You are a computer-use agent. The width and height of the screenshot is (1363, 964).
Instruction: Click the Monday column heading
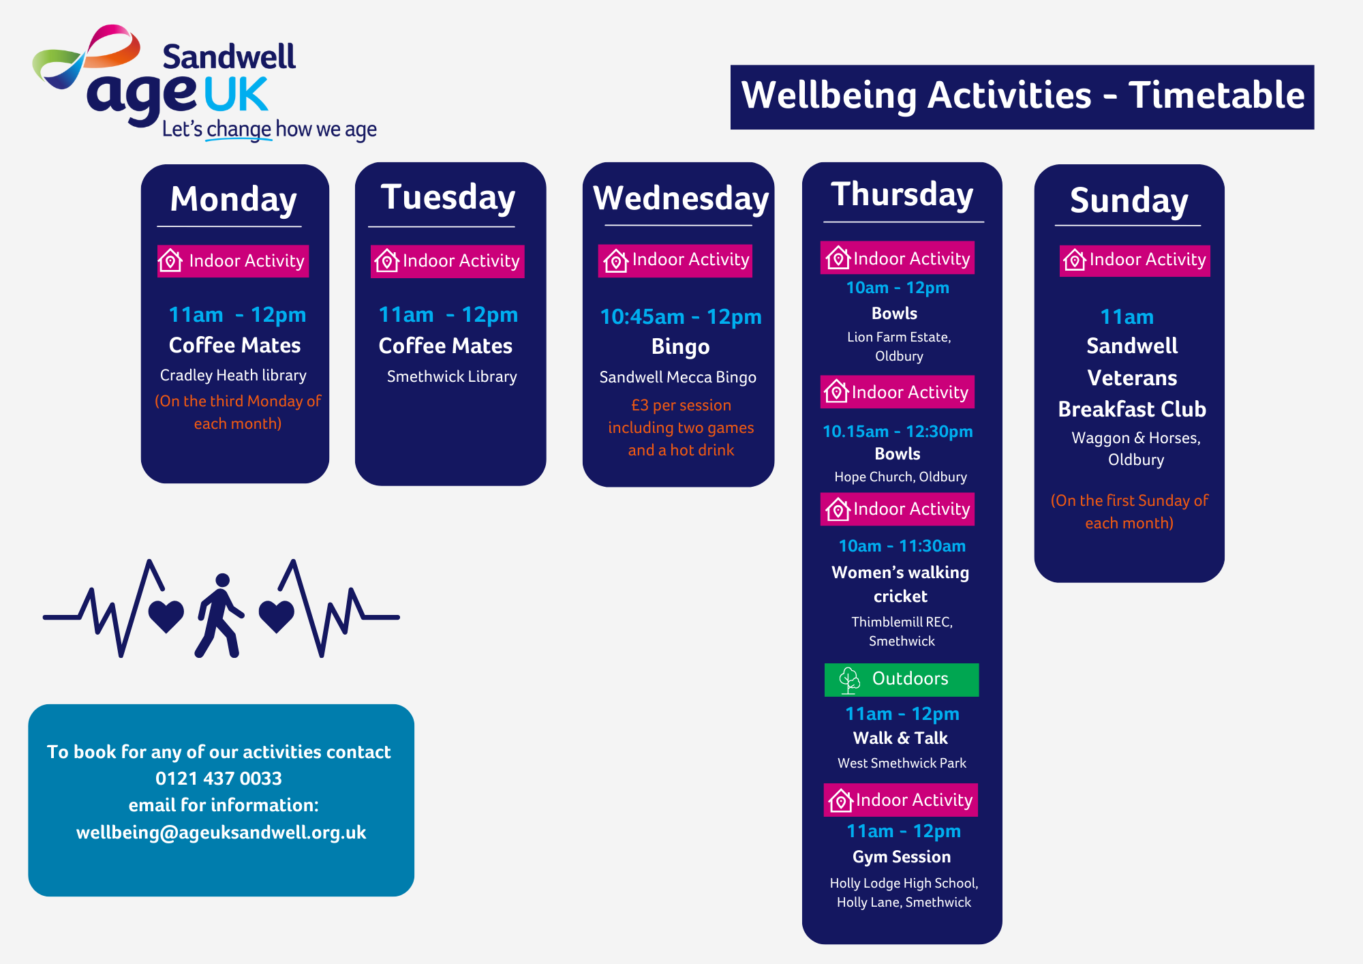click(x=234, y=200)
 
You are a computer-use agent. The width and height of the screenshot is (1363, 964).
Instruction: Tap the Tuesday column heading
click(x=448, y=198)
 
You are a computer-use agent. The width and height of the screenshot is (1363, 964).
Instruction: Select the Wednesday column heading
click(x=681, y=198)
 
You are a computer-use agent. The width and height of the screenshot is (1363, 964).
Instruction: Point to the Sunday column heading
click(x=1129, y=200)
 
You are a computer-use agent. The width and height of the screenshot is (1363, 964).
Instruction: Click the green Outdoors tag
click(x=902, y=680)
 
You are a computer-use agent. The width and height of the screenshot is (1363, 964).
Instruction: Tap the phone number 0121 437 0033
click(x=219, y=779)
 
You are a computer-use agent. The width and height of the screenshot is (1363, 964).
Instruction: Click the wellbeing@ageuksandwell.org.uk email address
click(x=221, y=832)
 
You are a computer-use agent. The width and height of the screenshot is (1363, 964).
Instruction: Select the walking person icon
click(x=219, y=616)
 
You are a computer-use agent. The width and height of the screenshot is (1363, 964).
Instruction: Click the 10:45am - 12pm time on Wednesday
click(x=681, y=317)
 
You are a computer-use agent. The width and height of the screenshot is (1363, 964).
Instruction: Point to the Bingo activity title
click(x=680, y=347)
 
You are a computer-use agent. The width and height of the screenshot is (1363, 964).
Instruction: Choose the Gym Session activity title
click(x=902, y=857)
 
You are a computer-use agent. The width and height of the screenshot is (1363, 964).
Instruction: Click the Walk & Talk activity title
click(x=900, y=738)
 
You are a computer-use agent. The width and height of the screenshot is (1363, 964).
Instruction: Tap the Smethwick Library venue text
click(x=452, y=376)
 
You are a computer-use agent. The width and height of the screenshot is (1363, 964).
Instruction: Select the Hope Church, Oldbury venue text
click(x=900, y=477)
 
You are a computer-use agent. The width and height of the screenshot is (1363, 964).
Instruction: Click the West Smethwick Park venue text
click(x=902, y=763)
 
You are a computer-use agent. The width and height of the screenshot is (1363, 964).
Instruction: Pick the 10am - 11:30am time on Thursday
click(x=902, y=546)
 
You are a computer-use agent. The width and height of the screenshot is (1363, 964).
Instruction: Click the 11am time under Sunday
click(x=1127, y=317)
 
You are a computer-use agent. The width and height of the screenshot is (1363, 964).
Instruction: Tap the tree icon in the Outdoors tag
click(x=849, y=680)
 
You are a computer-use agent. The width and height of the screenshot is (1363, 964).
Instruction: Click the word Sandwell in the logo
click(x=229, y=57)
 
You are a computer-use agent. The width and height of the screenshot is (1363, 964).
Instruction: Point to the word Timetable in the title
click(x=1216, y=95)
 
